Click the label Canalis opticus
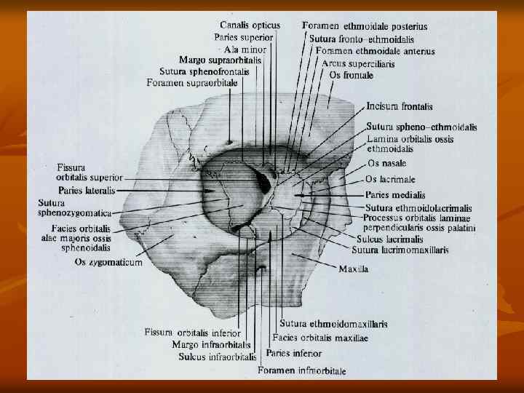click(250, 25)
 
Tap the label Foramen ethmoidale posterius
click(365, 26)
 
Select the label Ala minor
click(246, 49)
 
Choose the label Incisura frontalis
click(400, 106)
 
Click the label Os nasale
click(386, 163)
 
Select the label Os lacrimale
click(391, 179)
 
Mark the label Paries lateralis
click(87, 190)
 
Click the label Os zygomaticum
click(108, 262)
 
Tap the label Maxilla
click(354, 269)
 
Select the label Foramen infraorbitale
click(301, 370)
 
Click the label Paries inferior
click(293, 353)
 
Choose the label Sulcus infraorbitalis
click(218, 357)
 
